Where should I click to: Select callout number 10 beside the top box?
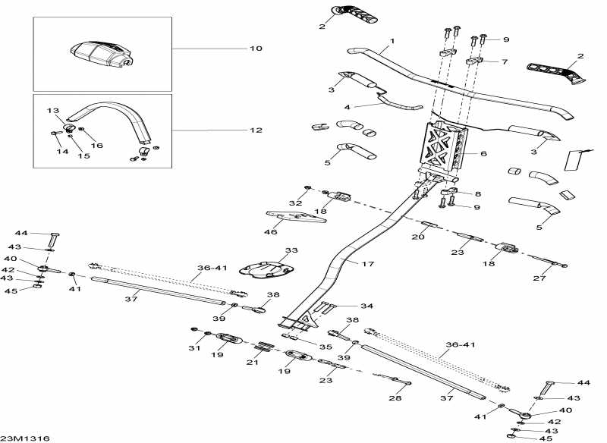pos(256,49)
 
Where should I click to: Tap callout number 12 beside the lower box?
pos(256,130)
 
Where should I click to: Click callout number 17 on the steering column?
pos(368,264)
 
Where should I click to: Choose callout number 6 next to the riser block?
pos(483,153)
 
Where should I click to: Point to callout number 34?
pos(367,306)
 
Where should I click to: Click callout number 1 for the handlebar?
pos(392,40)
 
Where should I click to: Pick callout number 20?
pos(418,237)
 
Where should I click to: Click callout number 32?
pos(294,203)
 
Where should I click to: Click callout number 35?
pos(324,347)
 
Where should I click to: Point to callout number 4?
pos(347,107)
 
